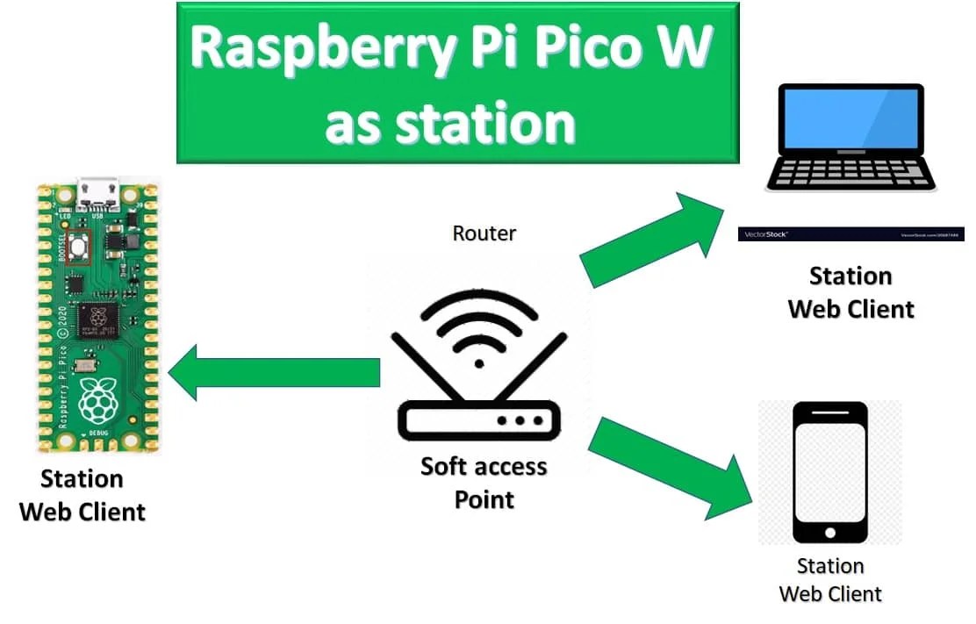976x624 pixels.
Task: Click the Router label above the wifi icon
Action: coord(484,233)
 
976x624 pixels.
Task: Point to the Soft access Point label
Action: coord(484,482)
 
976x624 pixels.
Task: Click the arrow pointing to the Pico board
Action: coord(272,371)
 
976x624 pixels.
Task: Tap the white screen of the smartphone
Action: coord(829,470)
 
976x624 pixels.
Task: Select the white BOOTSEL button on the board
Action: coord(81,248)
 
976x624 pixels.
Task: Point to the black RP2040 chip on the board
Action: coord(98,321)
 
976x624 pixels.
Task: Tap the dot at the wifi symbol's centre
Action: coord(478,362)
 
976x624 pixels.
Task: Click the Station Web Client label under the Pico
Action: coord(83,496)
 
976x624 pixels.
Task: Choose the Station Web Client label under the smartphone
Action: coord(830,580)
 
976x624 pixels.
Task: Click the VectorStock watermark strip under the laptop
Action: coord(852,234)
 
